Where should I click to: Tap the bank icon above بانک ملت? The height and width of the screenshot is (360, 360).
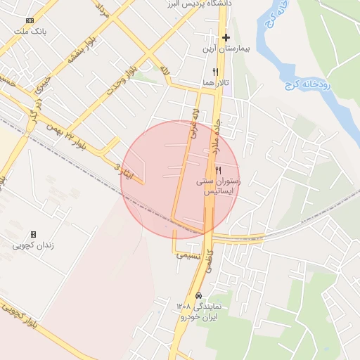click(x=29, y=21)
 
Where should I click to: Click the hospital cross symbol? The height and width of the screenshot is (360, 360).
click(x=226, y=37)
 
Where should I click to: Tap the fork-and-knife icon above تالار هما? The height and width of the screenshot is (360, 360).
click(x=215, y=72)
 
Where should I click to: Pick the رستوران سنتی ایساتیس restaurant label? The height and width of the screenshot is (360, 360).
click(x=219, y=186)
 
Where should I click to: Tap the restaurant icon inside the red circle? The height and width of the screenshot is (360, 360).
click(x=219, y=170)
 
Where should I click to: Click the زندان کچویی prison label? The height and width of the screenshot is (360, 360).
click(x=33, y=246)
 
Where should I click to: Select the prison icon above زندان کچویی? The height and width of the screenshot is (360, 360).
click(x=33, y=234)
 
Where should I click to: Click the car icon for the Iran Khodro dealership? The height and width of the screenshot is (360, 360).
click(x=199, y=296)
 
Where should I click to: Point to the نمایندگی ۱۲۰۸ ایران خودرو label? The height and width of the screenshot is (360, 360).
click(x=199, y=311)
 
